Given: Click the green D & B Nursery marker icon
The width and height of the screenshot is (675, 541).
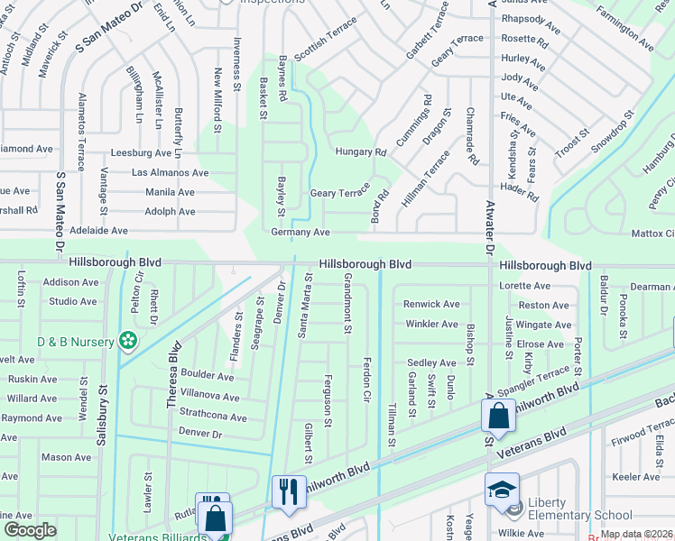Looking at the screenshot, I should coord(129,341).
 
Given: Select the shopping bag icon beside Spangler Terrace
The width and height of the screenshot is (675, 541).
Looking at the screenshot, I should coord(498,416).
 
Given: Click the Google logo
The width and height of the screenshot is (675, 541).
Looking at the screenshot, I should coord(30,530).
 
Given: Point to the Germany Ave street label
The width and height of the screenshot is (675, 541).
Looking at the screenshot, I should coord(301,233).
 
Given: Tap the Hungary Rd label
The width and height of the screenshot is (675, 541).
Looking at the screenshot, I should coord(360,152).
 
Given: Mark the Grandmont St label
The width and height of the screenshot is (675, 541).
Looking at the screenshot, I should coord(347,307).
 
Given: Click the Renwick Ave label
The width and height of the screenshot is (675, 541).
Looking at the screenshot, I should coord(430,304).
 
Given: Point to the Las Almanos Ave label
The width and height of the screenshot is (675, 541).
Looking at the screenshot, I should coord(170,172).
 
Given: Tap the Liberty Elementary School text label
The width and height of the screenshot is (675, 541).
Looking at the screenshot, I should coord(579,509).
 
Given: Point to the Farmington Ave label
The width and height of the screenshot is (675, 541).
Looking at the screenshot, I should coord(623,30).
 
